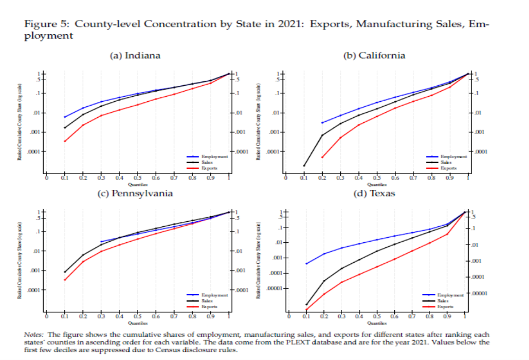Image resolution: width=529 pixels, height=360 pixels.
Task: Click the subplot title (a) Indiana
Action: tap(135, 55)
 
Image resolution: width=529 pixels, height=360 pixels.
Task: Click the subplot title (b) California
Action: tap(374, 55)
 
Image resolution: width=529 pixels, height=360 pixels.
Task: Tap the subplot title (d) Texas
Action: tap(374, 193)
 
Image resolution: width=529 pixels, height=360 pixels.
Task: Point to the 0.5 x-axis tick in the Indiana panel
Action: tap(138, 178)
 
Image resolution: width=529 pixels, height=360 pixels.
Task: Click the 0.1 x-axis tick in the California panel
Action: tap(304, 178)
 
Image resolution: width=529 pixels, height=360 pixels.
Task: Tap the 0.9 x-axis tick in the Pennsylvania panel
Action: tap(211, 316)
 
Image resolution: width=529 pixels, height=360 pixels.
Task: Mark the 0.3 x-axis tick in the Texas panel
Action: tap(341, 316)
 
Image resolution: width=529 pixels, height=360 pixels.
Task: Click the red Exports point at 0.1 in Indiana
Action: tap(65, 142)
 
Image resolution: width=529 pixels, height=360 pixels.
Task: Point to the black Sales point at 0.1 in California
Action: tap(304, 165)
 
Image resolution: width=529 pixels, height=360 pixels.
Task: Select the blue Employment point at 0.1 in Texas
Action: tap(306, 263)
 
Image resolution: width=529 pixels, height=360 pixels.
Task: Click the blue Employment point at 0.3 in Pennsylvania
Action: tap(101, 242)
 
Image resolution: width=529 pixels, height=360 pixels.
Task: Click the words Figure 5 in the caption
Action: tap(48, 25)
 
